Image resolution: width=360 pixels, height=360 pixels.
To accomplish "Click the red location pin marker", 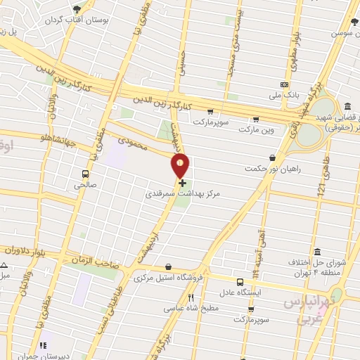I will coord(181,166).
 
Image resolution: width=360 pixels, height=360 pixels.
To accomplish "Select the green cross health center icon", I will coord(182,183).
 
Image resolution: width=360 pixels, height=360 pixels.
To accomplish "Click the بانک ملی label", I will coord(285,94).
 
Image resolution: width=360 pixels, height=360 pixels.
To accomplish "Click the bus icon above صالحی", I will coord(85,174).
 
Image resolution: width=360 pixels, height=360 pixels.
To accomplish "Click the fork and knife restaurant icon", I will coord(191,297).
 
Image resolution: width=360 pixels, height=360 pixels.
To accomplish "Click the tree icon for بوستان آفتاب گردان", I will coord(77,8).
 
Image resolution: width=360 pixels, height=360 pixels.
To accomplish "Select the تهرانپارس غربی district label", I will coord(307,310).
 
